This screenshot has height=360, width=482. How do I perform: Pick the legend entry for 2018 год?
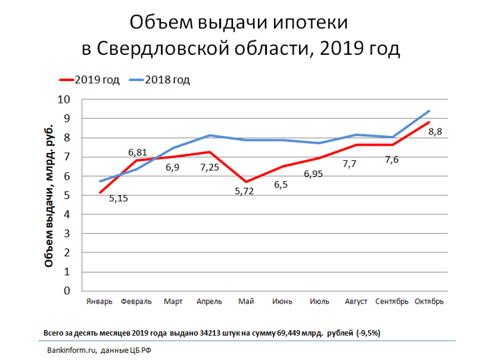[167, 80]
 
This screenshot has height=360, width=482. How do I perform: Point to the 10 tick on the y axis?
[63, 100]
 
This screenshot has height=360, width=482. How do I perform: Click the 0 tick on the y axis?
[67, 291]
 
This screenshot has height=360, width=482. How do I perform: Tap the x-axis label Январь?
[100, 302]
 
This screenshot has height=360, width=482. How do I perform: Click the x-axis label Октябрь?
[429, 302]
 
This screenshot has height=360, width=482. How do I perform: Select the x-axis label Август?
[356, 302]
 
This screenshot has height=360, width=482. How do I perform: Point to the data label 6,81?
[139, 151]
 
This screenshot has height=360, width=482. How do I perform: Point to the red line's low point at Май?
[246, 182]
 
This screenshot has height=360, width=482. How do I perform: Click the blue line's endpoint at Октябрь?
[429, 111]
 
